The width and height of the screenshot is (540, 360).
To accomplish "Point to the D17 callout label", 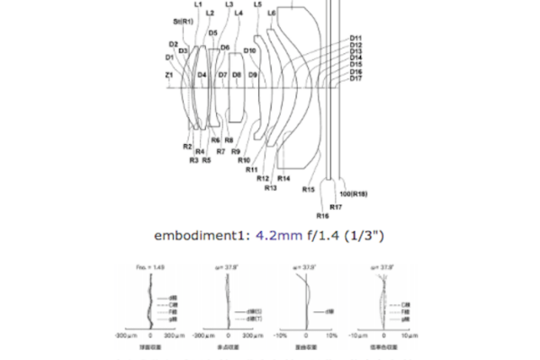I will (356, 78).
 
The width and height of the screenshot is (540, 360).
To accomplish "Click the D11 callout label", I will (356, 38).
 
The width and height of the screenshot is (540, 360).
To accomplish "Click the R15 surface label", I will (309, 190).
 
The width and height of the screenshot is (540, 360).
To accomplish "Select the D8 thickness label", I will (237, 75).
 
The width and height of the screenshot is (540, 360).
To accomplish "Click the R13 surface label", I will (270, 187).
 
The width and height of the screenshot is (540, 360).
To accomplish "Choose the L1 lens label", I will (197, 4).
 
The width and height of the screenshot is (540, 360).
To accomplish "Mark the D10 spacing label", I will (250, 50).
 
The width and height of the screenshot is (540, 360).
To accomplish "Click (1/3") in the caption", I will (362, 237).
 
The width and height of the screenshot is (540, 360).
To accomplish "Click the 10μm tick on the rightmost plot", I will (407, 333).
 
